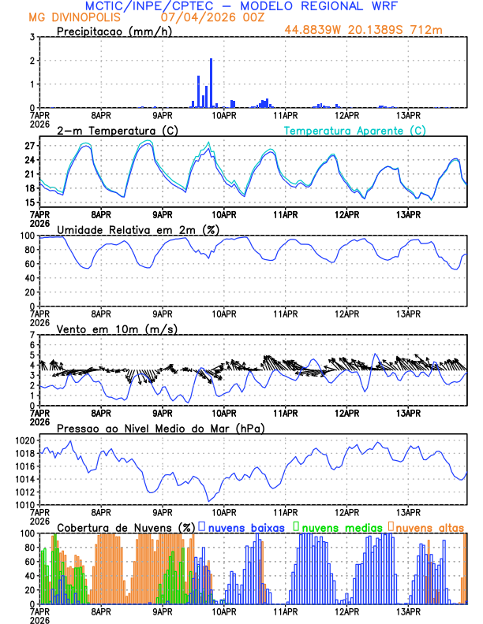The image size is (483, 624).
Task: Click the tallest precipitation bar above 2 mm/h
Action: [x=211, y=83]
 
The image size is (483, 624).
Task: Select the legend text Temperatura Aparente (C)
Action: [x=355, y=130]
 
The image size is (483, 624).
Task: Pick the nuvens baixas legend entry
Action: [x=245, y=526]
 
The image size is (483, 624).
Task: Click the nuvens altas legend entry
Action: [x=429, y=526]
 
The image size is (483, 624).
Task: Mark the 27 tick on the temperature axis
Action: [x=29, y=146]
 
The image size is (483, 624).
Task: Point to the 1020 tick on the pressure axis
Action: [x=24, y=441]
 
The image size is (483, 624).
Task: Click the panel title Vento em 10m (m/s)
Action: [x=117, y=329]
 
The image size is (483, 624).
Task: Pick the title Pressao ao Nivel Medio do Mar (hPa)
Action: [x=161, y=428]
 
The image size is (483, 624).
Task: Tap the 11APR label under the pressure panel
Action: [x=285, y=511]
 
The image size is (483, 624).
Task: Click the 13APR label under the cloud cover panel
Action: [x=407, y=611]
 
